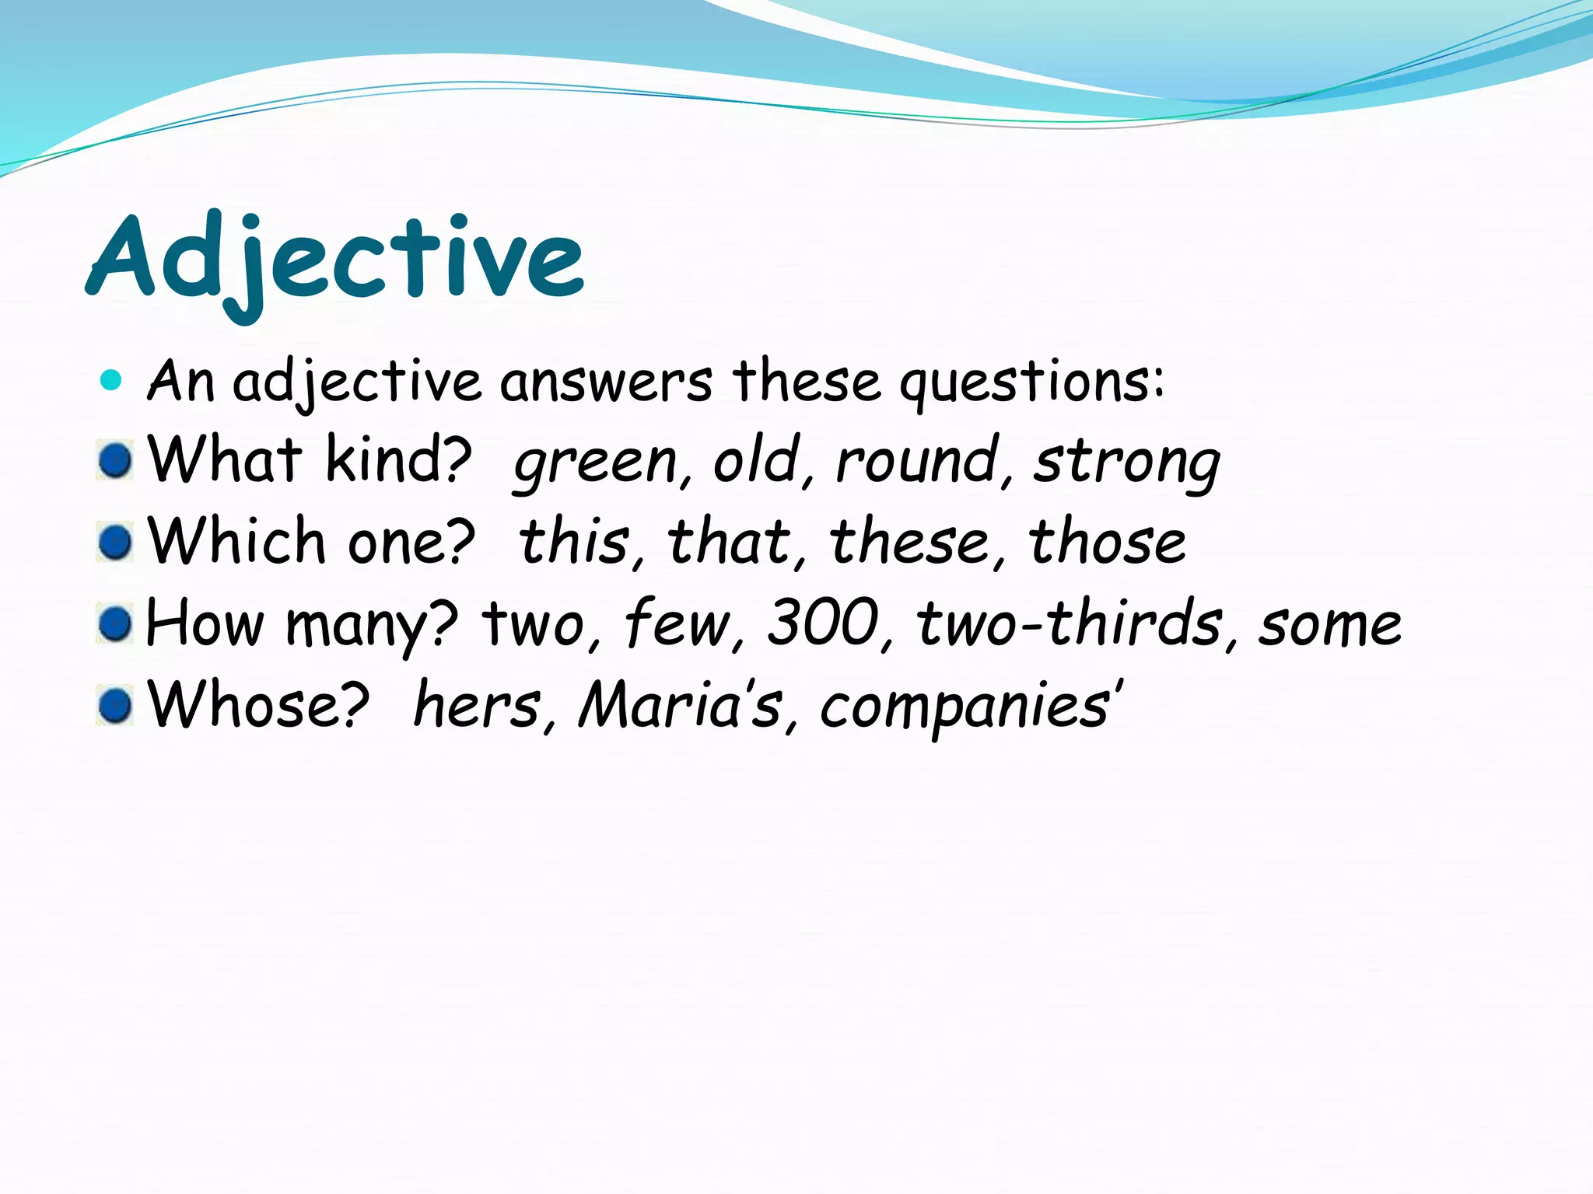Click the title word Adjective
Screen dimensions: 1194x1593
334,260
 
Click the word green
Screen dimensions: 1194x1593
596,462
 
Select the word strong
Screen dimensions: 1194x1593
1127,462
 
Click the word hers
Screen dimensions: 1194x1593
476,705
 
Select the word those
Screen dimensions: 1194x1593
1108,542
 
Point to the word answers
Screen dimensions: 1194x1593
605,382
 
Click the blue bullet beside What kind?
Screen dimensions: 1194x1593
116,461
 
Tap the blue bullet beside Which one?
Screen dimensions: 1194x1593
116,542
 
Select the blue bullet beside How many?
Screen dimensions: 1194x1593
116,623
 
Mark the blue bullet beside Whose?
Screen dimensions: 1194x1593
116,706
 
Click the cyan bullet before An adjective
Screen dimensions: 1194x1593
112,380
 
